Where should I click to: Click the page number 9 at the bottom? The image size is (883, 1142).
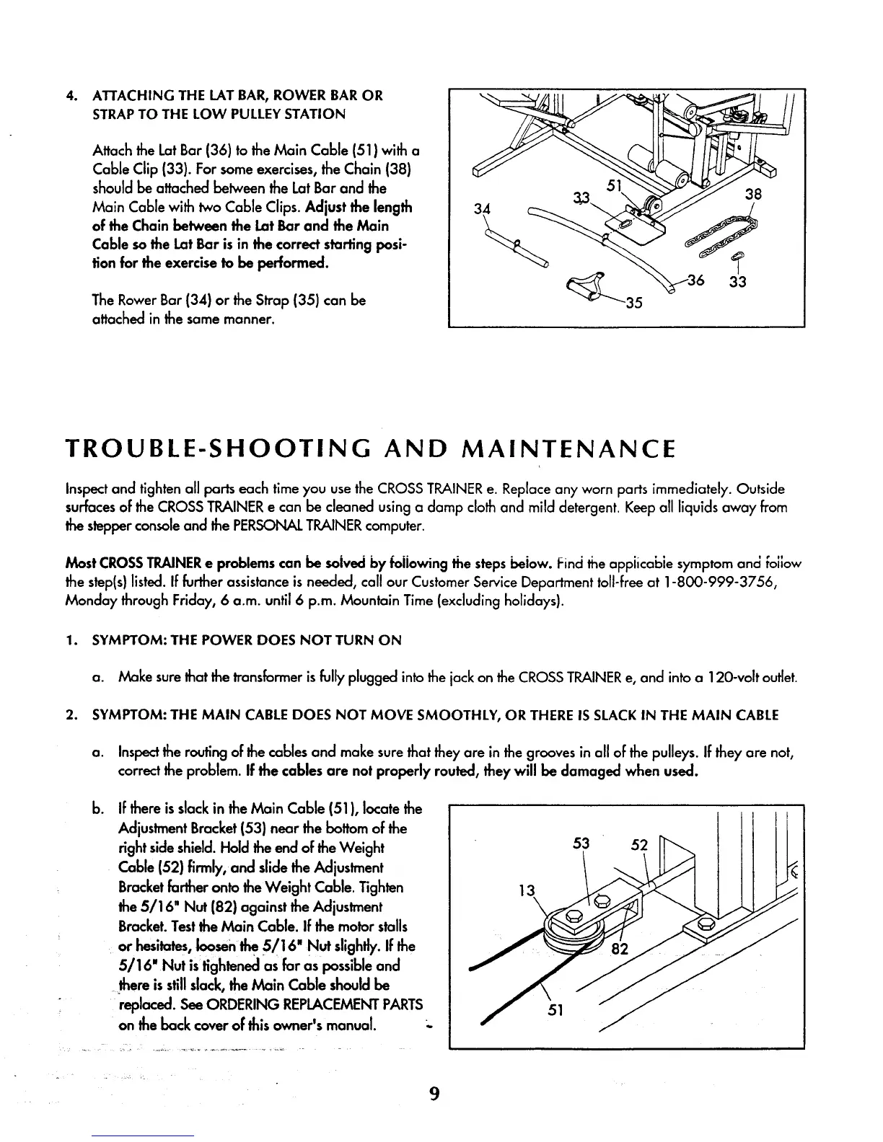(434, 1094)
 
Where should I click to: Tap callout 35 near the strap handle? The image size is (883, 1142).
(634, 301)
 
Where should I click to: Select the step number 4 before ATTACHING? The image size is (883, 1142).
(69, 96)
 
